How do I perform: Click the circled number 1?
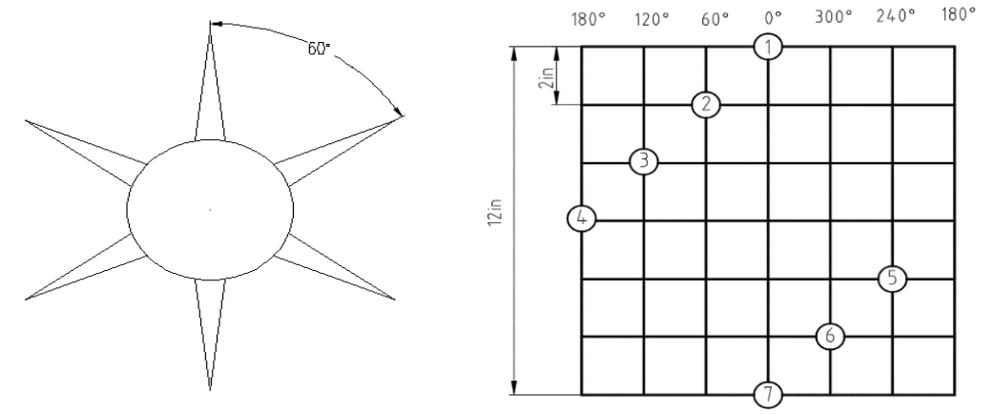(x=768, y=47)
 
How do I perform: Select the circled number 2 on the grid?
(x=706, y=105)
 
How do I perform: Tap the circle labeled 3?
(x=644, y=161)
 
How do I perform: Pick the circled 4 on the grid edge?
(x=581, y=218)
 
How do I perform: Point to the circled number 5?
(x=892, y=279)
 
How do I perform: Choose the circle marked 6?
(x=830, y=336)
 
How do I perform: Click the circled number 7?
(x=768, y=395)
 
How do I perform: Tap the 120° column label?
(x=653, y=19)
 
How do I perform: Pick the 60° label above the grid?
(x=716, y=19)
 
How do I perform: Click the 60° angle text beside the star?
(x=320, y=49)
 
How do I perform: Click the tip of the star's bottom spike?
(x=210, y=390)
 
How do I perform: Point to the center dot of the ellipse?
(x=211, y=209)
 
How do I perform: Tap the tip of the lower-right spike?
(x=395, y=300)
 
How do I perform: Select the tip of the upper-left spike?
(x=26, y=119)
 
